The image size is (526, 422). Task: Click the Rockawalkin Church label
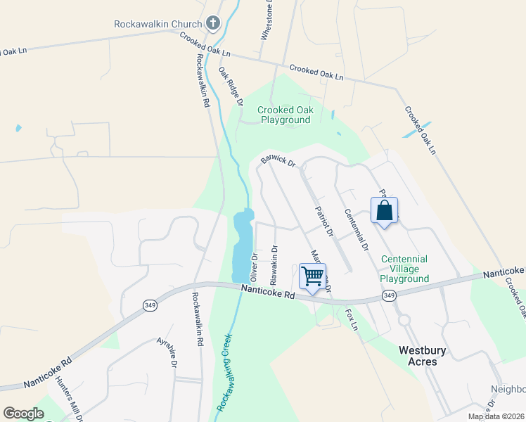click(159, 24)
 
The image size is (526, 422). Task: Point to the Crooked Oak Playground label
click(284, 115)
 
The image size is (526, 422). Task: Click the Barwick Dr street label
click(278, 161)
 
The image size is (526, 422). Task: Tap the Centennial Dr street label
click(356, 230)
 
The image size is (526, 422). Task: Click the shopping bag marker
click(384, 210)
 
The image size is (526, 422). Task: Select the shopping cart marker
click(312, 275)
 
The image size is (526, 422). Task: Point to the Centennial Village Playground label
click(405, 269)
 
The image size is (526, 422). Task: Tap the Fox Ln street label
click(352, 318)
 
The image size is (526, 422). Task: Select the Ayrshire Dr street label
click(167, 352)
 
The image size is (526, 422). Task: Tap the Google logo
click(23, 414)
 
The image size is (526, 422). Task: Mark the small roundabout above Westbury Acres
click(404, 320)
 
